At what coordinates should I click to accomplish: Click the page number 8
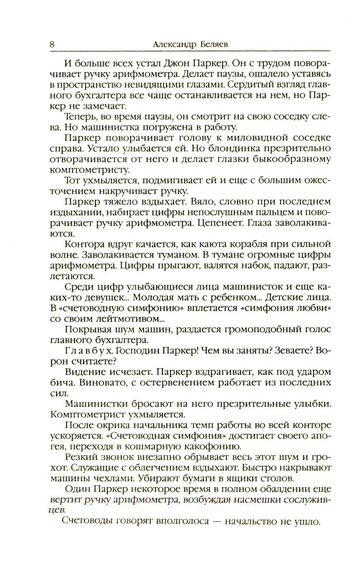(x=52, y=45)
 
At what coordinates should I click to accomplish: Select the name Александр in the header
(x=174, y=45)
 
